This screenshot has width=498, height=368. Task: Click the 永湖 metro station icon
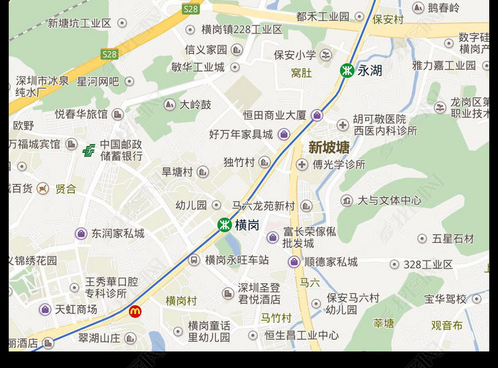pyautogui.click(x=347, y=70)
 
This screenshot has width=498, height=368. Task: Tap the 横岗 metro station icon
pyautogui.click(x=225, y=225)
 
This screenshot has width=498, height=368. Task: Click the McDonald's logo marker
pyautogui.click(x=135, y=311)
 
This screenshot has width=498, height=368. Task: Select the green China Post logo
pyautogui.click(x=89, y=150)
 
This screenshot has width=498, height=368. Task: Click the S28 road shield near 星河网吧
pyautogui.click(x=110, y=54)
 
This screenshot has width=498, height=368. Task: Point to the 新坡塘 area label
pyautogui.click(x=329, y=148)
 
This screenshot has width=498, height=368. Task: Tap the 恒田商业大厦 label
pyautogui.click(x=275, y=116)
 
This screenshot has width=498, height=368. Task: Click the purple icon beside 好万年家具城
pyautogui.click(x=284, y=134)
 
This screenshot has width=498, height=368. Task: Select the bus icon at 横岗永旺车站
pyautogui.click(x=194, y=260)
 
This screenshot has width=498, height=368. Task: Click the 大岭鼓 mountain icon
pyautogui.click(x=170, y=104)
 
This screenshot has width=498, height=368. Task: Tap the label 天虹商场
pyautogui.click(x=76, y=310)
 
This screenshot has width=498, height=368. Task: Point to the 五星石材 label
pyautogui.click(x=453, y=239)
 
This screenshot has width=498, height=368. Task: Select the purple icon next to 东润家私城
pyautogui.click(x=81, y=234)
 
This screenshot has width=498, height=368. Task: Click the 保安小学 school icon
pyautogui.click(x=326, y=55)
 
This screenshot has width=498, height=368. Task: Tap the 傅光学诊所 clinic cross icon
pyautogui.click(x=302, y=165)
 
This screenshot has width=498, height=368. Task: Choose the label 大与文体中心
pyautogui.click(x=389, y=201)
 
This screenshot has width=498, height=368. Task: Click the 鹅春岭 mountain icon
pyautogui.click(x=418, y=8)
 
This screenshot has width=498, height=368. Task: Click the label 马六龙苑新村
pyautogui.click(x=263, y=206)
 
